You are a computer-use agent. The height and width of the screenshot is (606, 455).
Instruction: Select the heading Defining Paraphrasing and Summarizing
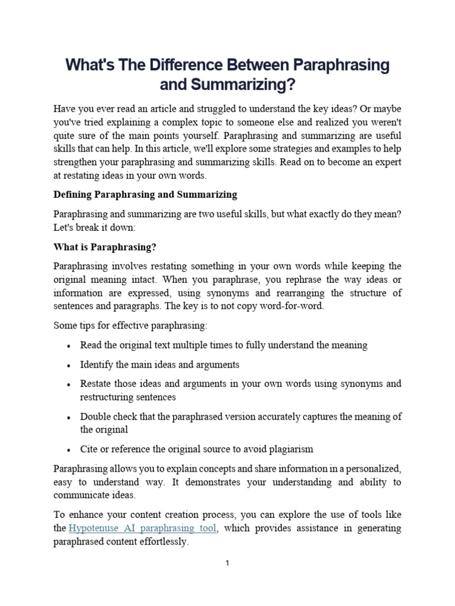pos(145,194)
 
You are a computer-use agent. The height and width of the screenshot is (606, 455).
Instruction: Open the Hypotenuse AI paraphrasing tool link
pos(143,528)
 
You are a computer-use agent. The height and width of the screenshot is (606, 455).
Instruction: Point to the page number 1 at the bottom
pos(227,563)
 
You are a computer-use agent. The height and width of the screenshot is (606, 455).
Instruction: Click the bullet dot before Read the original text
pos(70,346)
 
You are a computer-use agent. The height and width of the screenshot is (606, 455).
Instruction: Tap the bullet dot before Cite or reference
pos(70,449)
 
